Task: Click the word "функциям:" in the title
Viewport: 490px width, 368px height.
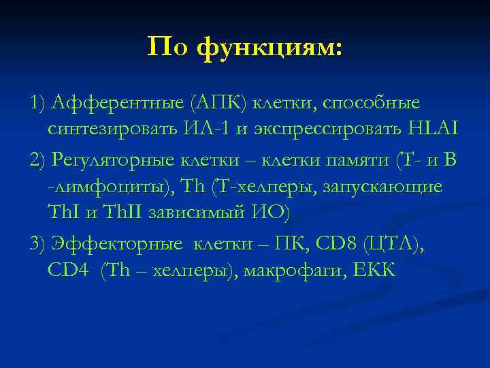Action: coord(270,47)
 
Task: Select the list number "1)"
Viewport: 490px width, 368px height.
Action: coord(39,103)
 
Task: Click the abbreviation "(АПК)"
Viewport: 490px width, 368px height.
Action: coord(214,103)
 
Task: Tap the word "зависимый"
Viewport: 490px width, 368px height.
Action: coord(204,213)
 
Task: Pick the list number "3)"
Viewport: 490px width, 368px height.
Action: coord(39,243)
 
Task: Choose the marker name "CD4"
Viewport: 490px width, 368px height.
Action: coord(68,271)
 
